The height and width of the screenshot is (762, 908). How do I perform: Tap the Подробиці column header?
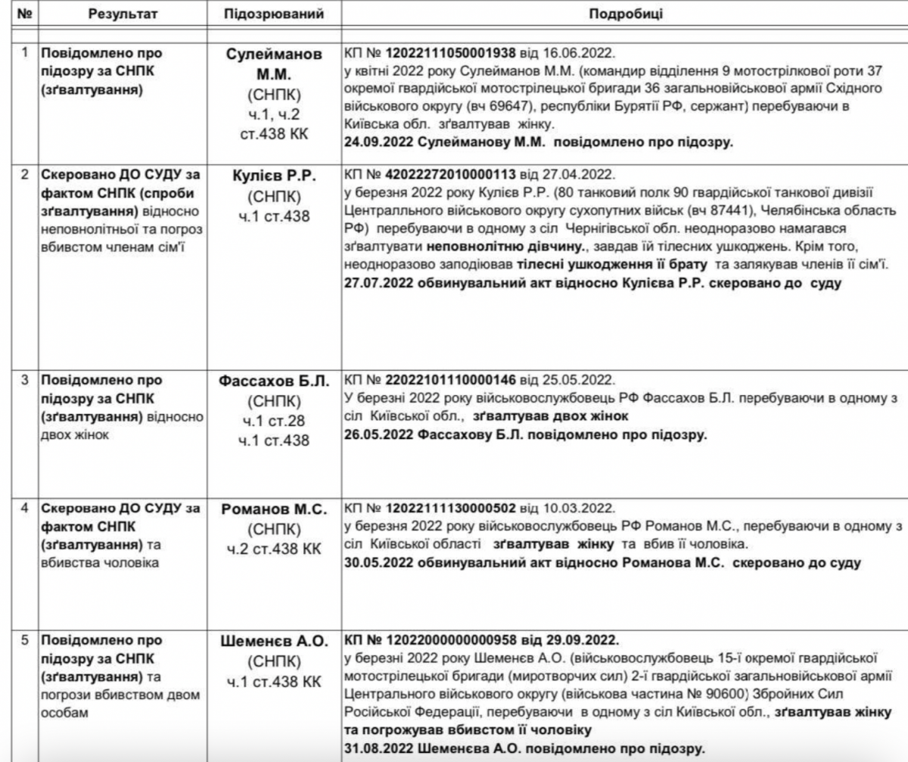(622, 14)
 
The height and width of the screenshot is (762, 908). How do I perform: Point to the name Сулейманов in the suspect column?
(275, 55)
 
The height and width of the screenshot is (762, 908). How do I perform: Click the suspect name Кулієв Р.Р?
(275, 176)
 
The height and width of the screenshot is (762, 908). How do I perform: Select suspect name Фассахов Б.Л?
(275, 381)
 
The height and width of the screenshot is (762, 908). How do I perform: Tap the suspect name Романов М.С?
(275, 509)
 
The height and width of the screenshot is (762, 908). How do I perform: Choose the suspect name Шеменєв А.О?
(275, 640)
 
